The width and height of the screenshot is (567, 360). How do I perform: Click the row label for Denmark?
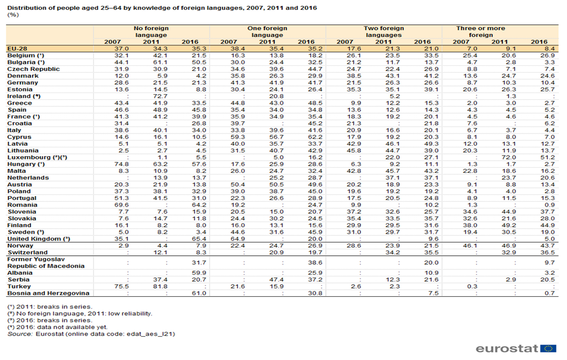pyautogui.click(x=23, y=76)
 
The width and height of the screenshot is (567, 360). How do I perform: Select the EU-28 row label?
pyautogui.click(x=17, y=49)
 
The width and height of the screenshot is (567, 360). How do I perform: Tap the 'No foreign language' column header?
pyautogui.click(x=151, y=32)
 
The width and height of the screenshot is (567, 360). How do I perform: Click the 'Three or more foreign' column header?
pyautogui.click(x=481, y=32)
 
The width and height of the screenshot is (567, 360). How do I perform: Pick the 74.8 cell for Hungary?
pyautogui.click(x=121, y=164)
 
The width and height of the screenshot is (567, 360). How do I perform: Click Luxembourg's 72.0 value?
pyautogui.click(x=509, y=158)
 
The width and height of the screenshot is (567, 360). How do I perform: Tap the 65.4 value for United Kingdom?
pyautogui.click(x=199, y=239)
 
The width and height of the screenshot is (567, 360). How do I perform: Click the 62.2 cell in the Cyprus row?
pyautogui.click(x=315, y=137)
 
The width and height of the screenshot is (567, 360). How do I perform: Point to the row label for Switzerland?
pyautogui.click(x=28, y=253)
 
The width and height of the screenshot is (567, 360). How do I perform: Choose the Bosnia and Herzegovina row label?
pyautogui.click(x=48, y=294)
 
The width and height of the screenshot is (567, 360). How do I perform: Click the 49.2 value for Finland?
pyautogui.click(x=509, y=225)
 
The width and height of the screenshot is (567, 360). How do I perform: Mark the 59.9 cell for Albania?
pyautogui.click(x=199, y=273)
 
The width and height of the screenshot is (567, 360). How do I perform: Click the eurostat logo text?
pyautogui.click(x=507, y=348)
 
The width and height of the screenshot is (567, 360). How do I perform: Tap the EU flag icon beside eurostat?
pyautogui.click(x=549, y=348)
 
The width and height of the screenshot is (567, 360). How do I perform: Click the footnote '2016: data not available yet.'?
pyautogui.click(x=62, y=327)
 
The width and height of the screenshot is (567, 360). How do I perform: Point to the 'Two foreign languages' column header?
pyautogui.click(x=384, y=32)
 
